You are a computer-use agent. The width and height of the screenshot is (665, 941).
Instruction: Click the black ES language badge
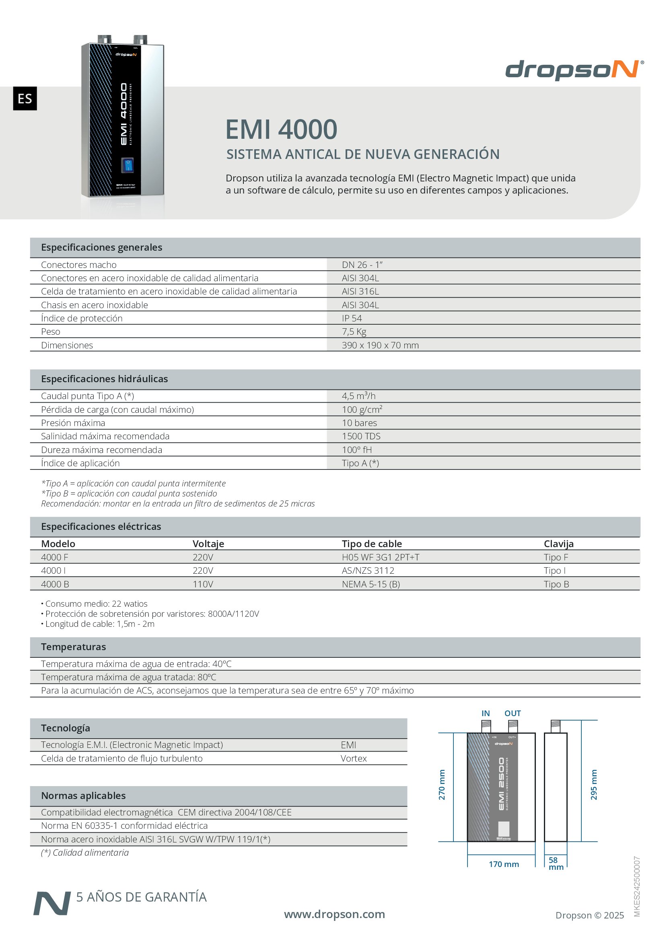(25, 98)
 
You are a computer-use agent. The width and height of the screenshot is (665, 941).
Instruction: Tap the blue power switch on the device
(128, 165)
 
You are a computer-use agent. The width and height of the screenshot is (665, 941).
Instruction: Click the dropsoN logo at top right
(574, 70)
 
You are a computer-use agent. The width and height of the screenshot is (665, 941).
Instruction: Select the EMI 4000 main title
(281, 130)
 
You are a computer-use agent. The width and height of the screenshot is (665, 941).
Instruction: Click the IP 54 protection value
(352, 319)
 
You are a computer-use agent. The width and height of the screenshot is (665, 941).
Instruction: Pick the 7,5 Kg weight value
(354, 332)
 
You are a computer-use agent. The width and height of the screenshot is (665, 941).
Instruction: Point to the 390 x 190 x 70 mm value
(380, 345)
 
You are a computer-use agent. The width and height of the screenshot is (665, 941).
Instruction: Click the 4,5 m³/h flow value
(358, 396)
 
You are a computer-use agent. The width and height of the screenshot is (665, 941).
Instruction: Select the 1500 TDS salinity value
(361, 436)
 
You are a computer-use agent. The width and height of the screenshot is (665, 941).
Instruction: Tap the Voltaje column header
(208, 544)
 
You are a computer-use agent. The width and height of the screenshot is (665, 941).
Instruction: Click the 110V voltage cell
(203, 584)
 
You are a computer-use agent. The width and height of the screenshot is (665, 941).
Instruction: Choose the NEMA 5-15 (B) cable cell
(371, 584)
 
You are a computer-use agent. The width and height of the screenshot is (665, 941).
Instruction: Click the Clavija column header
(558, 544)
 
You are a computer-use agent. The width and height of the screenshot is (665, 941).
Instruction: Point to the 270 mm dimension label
(442, 785)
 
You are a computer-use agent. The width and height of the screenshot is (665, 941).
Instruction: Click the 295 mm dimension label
(594, 785)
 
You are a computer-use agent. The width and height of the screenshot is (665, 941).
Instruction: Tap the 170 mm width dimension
(504, 864)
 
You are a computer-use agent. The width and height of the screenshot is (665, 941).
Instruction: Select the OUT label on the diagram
(513, 714)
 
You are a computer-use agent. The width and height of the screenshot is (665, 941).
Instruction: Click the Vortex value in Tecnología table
(354, 759)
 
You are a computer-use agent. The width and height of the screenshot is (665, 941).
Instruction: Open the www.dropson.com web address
(334, 914)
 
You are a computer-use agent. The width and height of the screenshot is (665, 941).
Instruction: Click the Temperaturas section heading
(73, 647)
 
